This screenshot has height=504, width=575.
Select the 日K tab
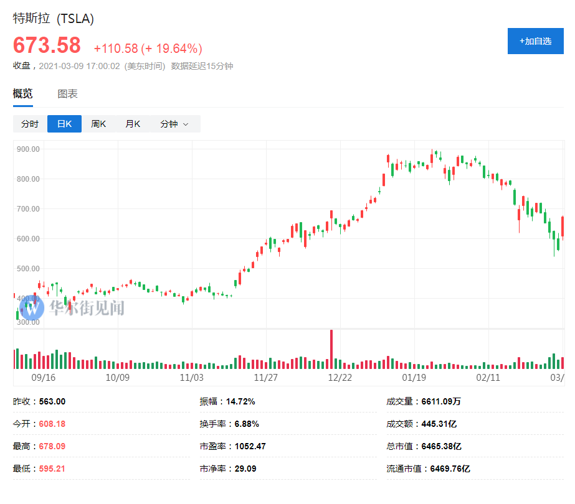coord(64,124)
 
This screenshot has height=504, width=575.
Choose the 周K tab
coord(98,124)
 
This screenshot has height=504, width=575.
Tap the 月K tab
coord(133,124)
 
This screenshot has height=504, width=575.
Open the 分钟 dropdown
coord(174,124)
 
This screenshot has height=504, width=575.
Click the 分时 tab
coord(30,124)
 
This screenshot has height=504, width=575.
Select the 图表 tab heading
coord(67,94)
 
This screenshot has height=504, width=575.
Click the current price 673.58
coord(47,46)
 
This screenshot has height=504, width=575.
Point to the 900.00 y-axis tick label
coord(29,149)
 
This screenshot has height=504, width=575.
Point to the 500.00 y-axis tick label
coord(29,269)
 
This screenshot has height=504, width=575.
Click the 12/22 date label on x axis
coord(340,377)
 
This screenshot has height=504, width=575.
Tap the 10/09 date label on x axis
coord(117,377)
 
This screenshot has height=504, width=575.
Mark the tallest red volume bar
coord(331,349)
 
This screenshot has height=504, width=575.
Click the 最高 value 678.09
coord(52,446)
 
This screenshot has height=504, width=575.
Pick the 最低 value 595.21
coord(52,469)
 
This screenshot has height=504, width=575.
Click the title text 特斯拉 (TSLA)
coord(54,19)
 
